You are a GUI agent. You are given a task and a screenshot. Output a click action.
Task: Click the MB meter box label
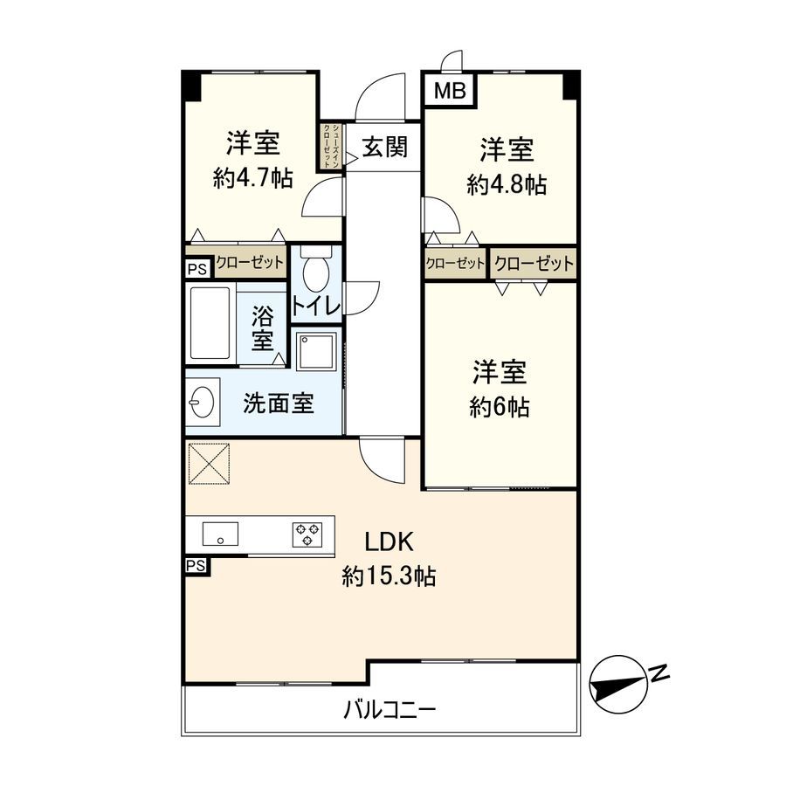click(450, 90)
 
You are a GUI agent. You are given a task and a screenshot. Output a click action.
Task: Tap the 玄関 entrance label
click(384, 147)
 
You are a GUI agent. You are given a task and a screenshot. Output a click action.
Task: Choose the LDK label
click(389, 542)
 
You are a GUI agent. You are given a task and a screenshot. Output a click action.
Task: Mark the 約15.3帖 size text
click(389, 576)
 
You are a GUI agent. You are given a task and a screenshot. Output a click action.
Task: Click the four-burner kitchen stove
click(307, 533)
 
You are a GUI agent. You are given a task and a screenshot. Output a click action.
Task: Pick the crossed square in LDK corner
click(210, 463)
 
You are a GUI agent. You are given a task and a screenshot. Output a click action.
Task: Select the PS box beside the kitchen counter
click(196, 566)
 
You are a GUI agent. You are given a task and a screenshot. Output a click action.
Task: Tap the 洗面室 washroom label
click(279, 404)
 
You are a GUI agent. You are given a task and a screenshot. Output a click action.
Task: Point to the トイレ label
click(315, 306)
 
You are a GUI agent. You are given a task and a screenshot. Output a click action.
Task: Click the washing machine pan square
click(316, 352)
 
